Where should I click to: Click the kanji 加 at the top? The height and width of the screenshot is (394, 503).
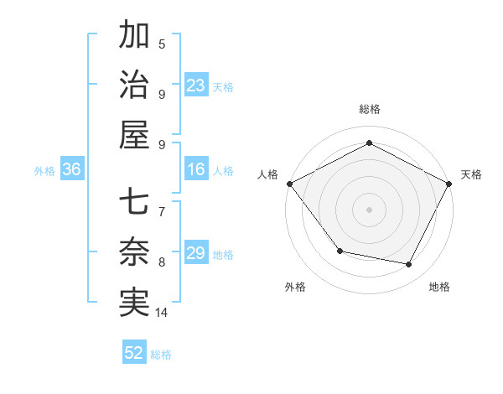[135, 36]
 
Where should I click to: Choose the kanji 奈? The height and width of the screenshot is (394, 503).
[135, 252]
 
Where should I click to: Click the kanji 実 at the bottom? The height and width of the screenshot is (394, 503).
[135, 302]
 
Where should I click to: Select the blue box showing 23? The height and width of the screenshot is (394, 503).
[196, 86]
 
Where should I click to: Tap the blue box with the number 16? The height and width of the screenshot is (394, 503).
[196, 170]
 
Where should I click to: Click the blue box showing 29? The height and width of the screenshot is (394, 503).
[196, 253]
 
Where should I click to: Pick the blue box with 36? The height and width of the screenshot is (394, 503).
[72, 170]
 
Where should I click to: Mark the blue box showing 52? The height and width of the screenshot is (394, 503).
[134, 353]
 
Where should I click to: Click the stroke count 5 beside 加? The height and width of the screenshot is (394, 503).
[162, 44]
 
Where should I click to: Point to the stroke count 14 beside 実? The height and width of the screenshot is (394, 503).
[163, 313]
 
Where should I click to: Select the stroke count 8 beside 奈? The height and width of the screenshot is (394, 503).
[162, 262]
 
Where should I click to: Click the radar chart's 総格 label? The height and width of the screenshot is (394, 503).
[370, 109]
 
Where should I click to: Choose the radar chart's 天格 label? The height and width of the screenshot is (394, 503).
[472, 174]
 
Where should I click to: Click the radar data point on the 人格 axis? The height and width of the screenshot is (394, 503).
[289, 184]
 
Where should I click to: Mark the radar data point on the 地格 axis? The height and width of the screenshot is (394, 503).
[409, 264]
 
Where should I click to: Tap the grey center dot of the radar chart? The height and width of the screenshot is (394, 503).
[370, 209]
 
